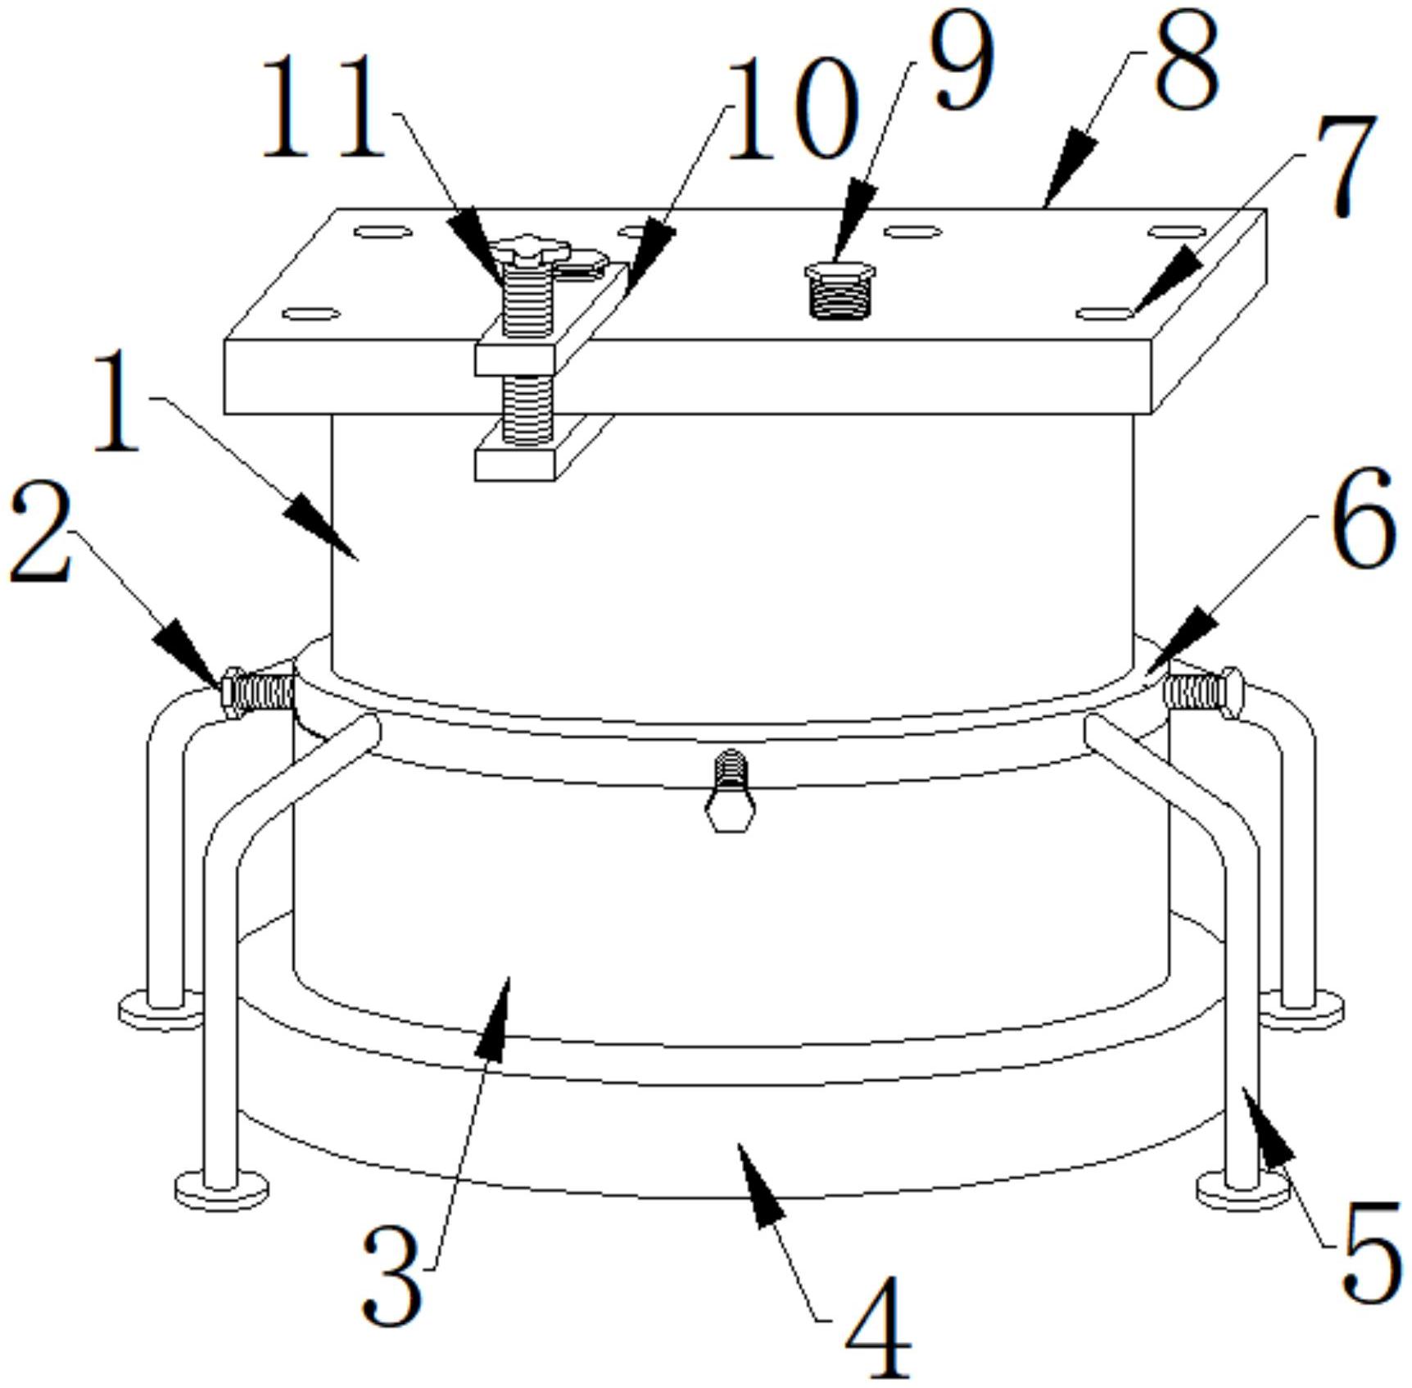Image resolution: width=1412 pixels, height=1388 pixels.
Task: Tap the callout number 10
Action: pyautogui.click(x=792, y=108)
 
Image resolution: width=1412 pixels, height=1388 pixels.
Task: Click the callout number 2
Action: pyautogui.click(x=42, y=533)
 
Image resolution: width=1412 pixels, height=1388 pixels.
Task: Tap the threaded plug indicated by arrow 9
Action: pyautogui.click(x=840, y=289)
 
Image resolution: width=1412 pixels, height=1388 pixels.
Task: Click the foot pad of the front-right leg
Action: pyautogui.click(x=1242, y=1189)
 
